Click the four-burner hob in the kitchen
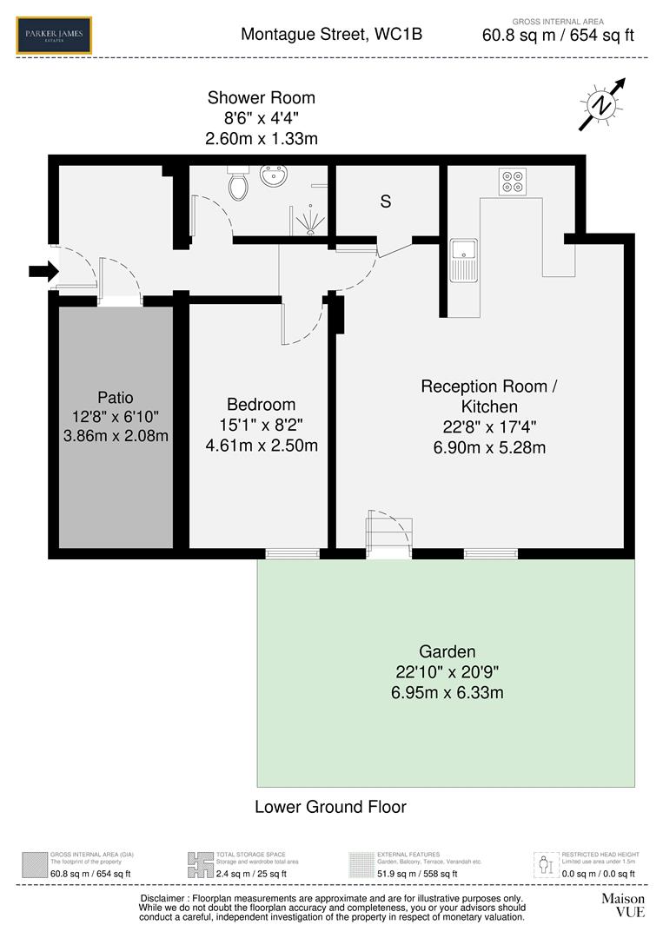coord(512,182)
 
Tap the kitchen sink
coord(463,259)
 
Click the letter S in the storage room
coord(386,201)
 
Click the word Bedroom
coord(261,405)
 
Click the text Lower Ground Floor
coord(330,807)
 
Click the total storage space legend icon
coord(200,864)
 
